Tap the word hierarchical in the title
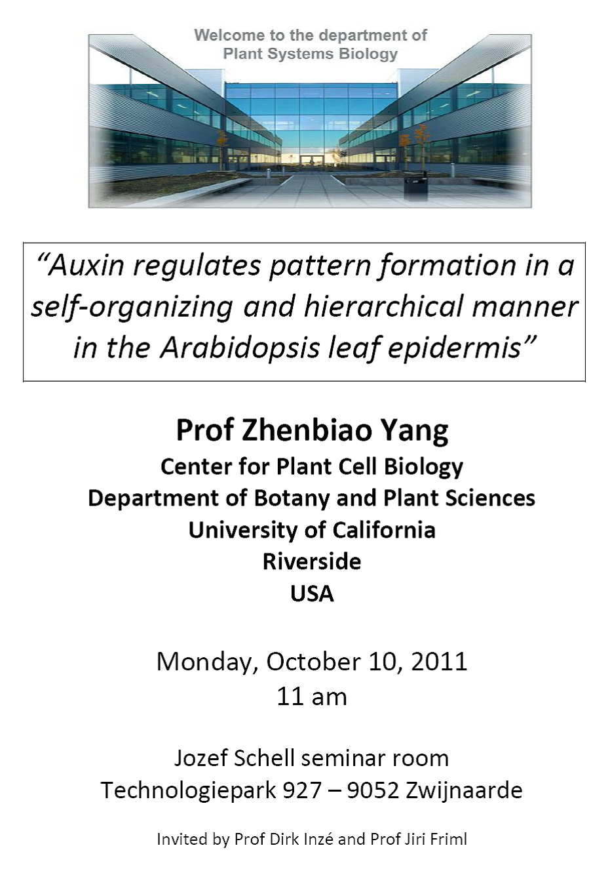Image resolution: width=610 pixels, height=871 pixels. (383, 306)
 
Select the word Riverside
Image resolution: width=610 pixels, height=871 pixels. (312, 561)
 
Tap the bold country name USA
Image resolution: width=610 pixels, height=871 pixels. (312, 594)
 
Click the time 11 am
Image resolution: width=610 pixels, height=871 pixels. (312, 697)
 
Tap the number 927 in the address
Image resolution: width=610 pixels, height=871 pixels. (302, 790)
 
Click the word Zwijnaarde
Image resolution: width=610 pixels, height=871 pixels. (464, 790)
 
